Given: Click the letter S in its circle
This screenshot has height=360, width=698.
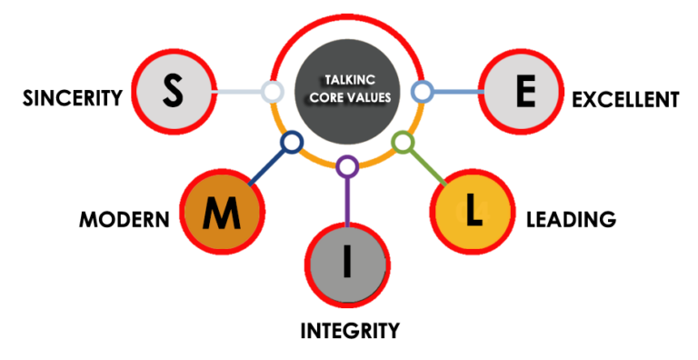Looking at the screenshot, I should point(173,90).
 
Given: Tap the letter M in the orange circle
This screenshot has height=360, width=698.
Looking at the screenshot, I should point(222,214).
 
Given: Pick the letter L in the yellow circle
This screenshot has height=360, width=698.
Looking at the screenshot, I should point(473,211).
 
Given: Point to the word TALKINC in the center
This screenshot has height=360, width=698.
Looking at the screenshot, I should point(347,80).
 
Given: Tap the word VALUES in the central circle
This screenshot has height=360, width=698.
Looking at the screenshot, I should point(367,96).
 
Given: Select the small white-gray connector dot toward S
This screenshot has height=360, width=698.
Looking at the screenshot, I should point(271,91).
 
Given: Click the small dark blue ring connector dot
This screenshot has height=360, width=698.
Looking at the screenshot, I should point(291,143).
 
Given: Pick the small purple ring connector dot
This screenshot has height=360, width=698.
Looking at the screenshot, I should point(346,166).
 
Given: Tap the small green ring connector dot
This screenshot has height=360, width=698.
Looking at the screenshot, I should point(402,143).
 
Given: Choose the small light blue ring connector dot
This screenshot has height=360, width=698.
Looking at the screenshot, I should point(422,91).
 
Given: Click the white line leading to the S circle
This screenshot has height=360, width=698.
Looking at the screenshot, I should point(238,91).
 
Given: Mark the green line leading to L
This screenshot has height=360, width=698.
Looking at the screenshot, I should point(424,165).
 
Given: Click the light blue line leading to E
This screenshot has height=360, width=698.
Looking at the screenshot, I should point(454,91).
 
